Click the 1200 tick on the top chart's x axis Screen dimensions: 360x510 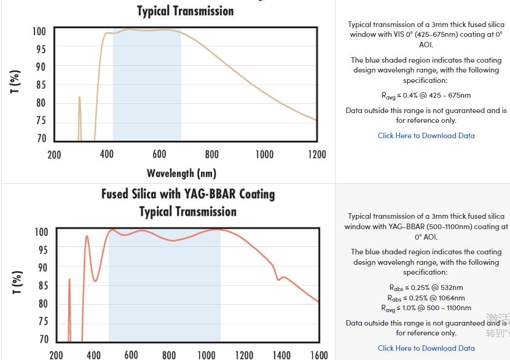pos(317,154)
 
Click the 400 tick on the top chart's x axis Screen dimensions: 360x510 pos(107,154)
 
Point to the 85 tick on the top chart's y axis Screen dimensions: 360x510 pos(40,85)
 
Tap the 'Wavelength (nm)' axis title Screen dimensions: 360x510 pos(181,173)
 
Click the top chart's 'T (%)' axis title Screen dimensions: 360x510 pos(15,82)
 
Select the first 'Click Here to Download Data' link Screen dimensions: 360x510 pos(426,136)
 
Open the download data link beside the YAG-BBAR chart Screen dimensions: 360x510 pos(426,348)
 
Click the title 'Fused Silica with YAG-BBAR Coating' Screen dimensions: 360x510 pos(188,194)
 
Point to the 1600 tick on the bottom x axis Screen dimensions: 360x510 pos(319,354)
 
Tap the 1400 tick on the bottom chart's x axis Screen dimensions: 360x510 pos(281,354)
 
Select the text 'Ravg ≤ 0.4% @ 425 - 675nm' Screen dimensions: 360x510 pos(426,95)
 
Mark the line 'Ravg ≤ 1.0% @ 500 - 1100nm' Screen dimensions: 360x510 pos(426,308)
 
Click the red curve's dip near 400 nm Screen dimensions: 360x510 pos(95,280)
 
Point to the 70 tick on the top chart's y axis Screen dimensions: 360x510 pos(40,139)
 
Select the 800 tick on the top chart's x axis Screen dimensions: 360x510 pos(212,154)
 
